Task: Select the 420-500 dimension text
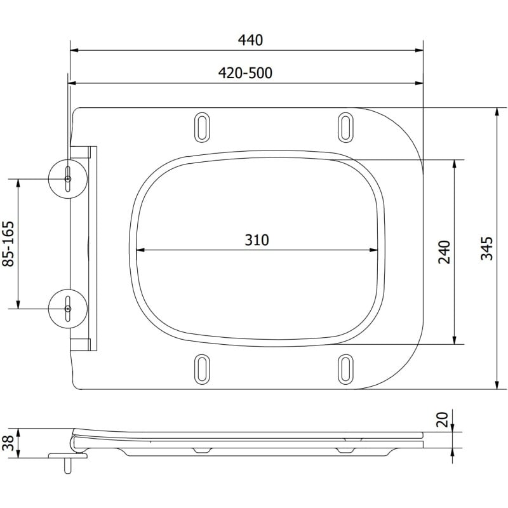tap(246, 73)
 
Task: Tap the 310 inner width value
tap(257, 240)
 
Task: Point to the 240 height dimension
tap(444, 251)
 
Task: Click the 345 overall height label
tap(486, 248)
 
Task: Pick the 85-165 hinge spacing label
tap(9, 243)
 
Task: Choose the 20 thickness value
tap(444, 419)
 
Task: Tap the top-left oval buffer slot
tap(202, 126)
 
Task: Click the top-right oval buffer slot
tap(345, 126)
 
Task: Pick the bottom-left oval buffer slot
tap(202, 368)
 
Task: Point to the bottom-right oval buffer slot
tap(345, 368)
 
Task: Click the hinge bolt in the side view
tap(65, 464)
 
